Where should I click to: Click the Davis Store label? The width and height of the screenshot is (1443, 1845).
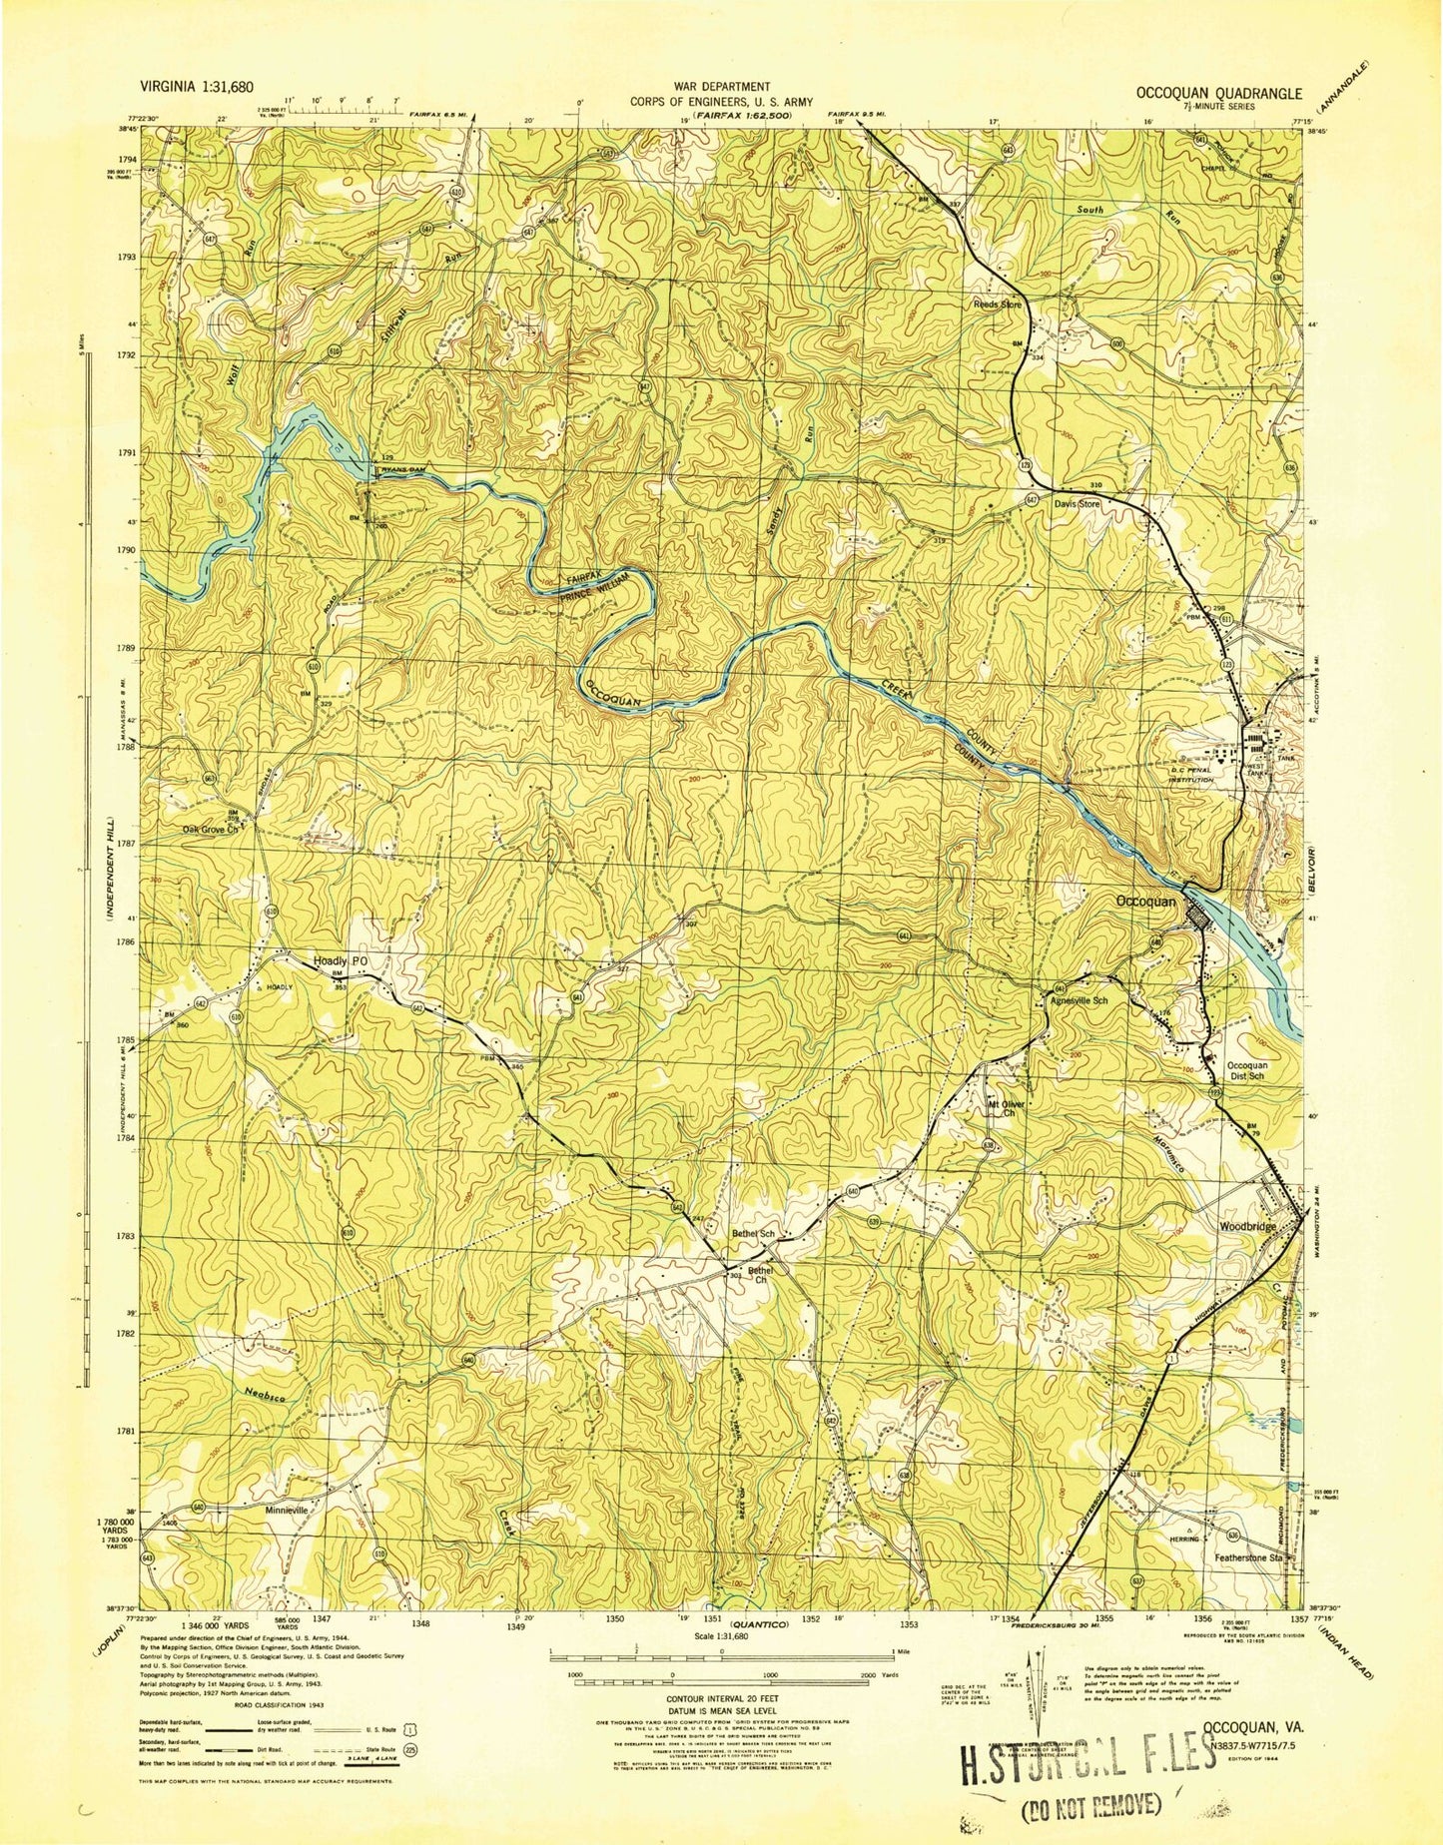(1077, 504)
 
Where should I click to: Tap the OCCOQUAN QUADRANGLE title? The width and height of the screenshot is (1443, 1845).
(1218, 93)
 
